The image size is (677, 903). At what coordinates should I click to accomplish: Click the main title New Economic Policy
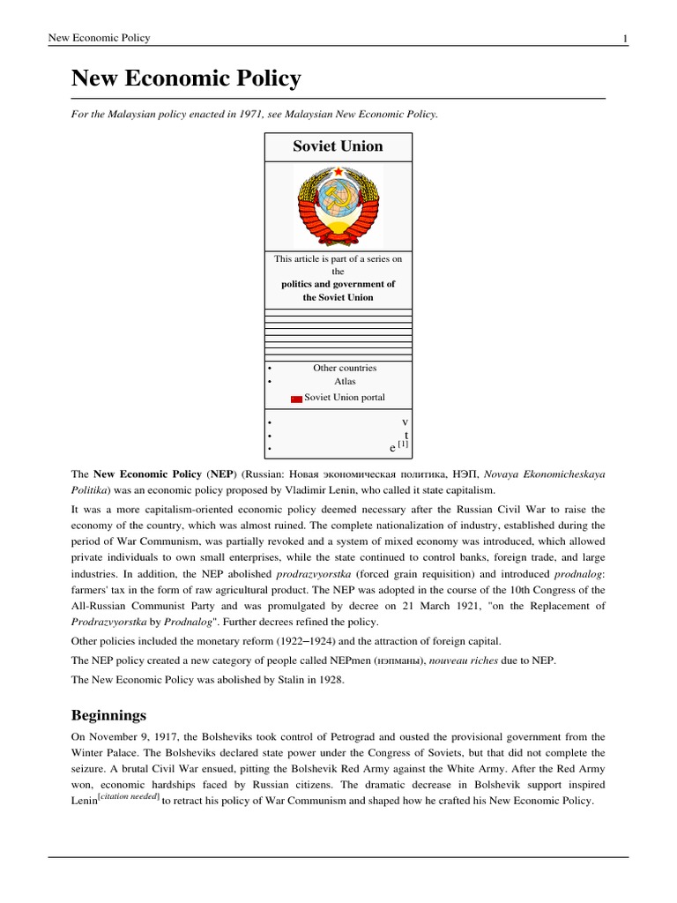[x=186, y=79]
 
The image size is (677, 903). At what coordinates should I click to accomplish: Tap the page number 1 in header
[x=624, y=38]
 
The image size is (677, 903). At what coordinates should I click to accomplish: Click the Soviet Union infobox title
[x=338, y=146]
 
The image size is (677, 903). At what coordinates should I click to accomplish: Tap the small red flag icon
[x=296, y=399]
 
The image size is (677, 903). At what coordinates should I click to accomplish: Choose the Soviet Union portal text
[x=345, y=398]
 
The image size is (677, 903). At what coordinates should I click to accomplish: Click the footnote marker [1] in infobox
[x=404, y=444]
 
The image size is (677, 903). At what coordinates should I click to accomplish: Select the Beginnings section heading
[x=109, y=714]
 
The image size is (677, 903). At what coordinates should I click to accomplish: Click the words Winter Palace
[x=105, y=753]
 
